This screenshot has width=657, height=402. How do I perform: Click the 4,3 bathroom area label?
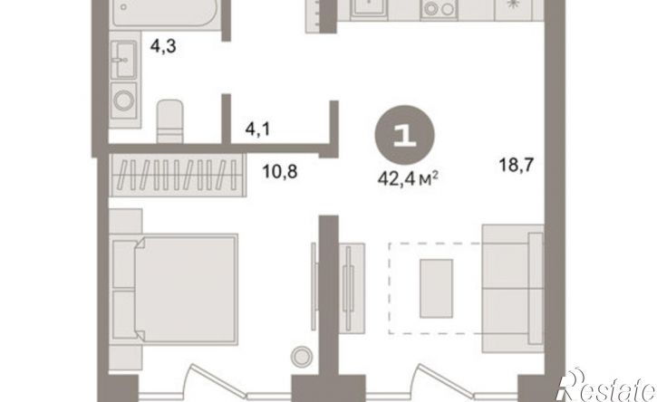(163, 46)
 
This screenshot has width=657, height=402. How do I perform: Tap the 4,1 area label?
(257, 129)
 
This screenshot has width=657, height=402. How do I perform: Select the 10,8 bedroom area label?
(280, 171)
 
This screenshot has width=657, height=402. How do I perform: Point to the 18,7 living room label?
(517, 165)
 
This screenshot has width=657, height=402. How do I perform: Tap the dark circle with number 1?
(404, 134)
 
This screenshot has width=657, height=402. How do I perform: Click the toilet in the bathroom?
(169, 121)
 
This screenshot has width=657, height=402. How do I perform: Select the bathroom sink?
(124, 60)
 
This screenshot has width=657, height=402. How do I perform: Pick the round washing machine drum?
(124, 100)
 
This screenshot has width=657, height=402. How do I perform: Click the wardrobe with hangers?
(178, 176)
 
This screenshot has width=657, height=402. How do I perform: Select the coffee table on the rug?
(436, 288)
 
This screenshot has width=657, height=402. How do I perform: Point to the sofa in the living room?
(513, 288)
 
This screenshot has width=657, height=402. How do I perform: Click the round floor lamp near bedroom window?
(302, 358)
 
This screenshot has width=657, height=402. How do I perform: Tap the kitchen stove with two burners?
(439, 9)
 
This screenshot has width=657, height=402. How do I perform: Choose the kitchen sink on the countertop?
(369, 8)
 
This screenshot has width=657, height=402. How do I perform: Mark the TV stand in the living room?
(351, 288)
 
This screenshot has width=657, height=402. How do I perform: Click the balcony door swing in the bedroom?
(217, 382)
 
